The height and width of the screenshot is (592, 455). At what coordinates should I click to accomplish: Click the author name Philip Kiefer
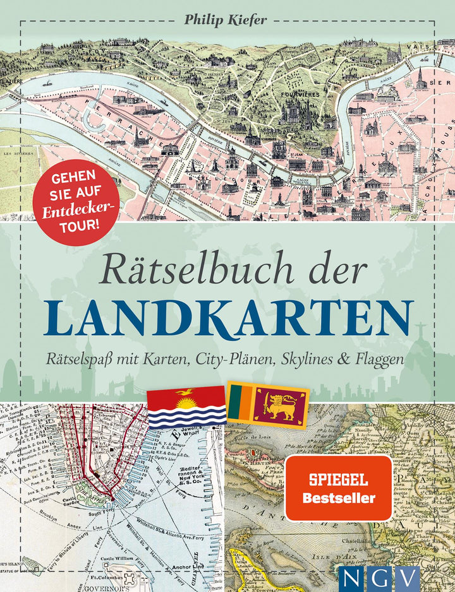[226, 19]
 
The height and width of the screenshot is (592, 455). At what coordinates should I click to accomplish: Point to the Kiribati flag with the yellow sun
[186, 406]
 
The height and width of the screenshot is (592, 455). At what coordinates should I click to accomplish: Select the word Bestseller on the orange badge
[337, 497]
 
